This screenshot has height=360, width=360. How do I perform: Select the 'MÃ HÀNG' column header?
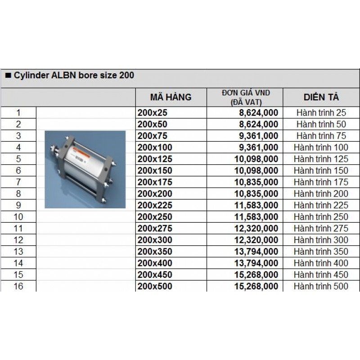click(171, 97)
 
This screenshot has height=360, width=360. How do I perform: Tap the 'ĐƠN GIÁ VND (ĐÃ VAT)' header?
click(246, 97)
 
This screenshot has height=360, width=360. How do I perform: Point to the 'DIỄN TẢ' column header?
click(321, 97)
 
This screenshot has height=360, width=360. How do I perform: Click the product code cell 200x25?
click(151, 112)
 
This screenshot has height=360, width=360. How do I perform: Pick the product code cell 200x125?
click(155, 159)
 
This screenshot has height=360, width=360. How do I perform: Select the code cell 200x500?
click(155, 286)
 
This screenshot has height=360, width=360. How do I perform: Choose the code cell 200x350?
click(155, 252)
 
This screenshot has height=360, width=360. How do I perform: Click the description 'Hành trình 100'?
click(321, 147)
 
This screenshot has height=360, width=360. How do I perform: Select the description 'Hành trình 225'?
click(321, 205)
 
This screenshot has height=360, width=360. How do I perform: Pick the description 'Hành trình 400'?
click(321, 263)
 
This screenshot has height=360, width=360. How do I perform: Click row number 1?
click(18, 112)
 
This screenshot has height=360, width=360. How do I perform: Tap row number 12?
click(18, 240)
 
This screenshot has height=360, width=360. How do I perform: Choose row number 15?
click(18, 274)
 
